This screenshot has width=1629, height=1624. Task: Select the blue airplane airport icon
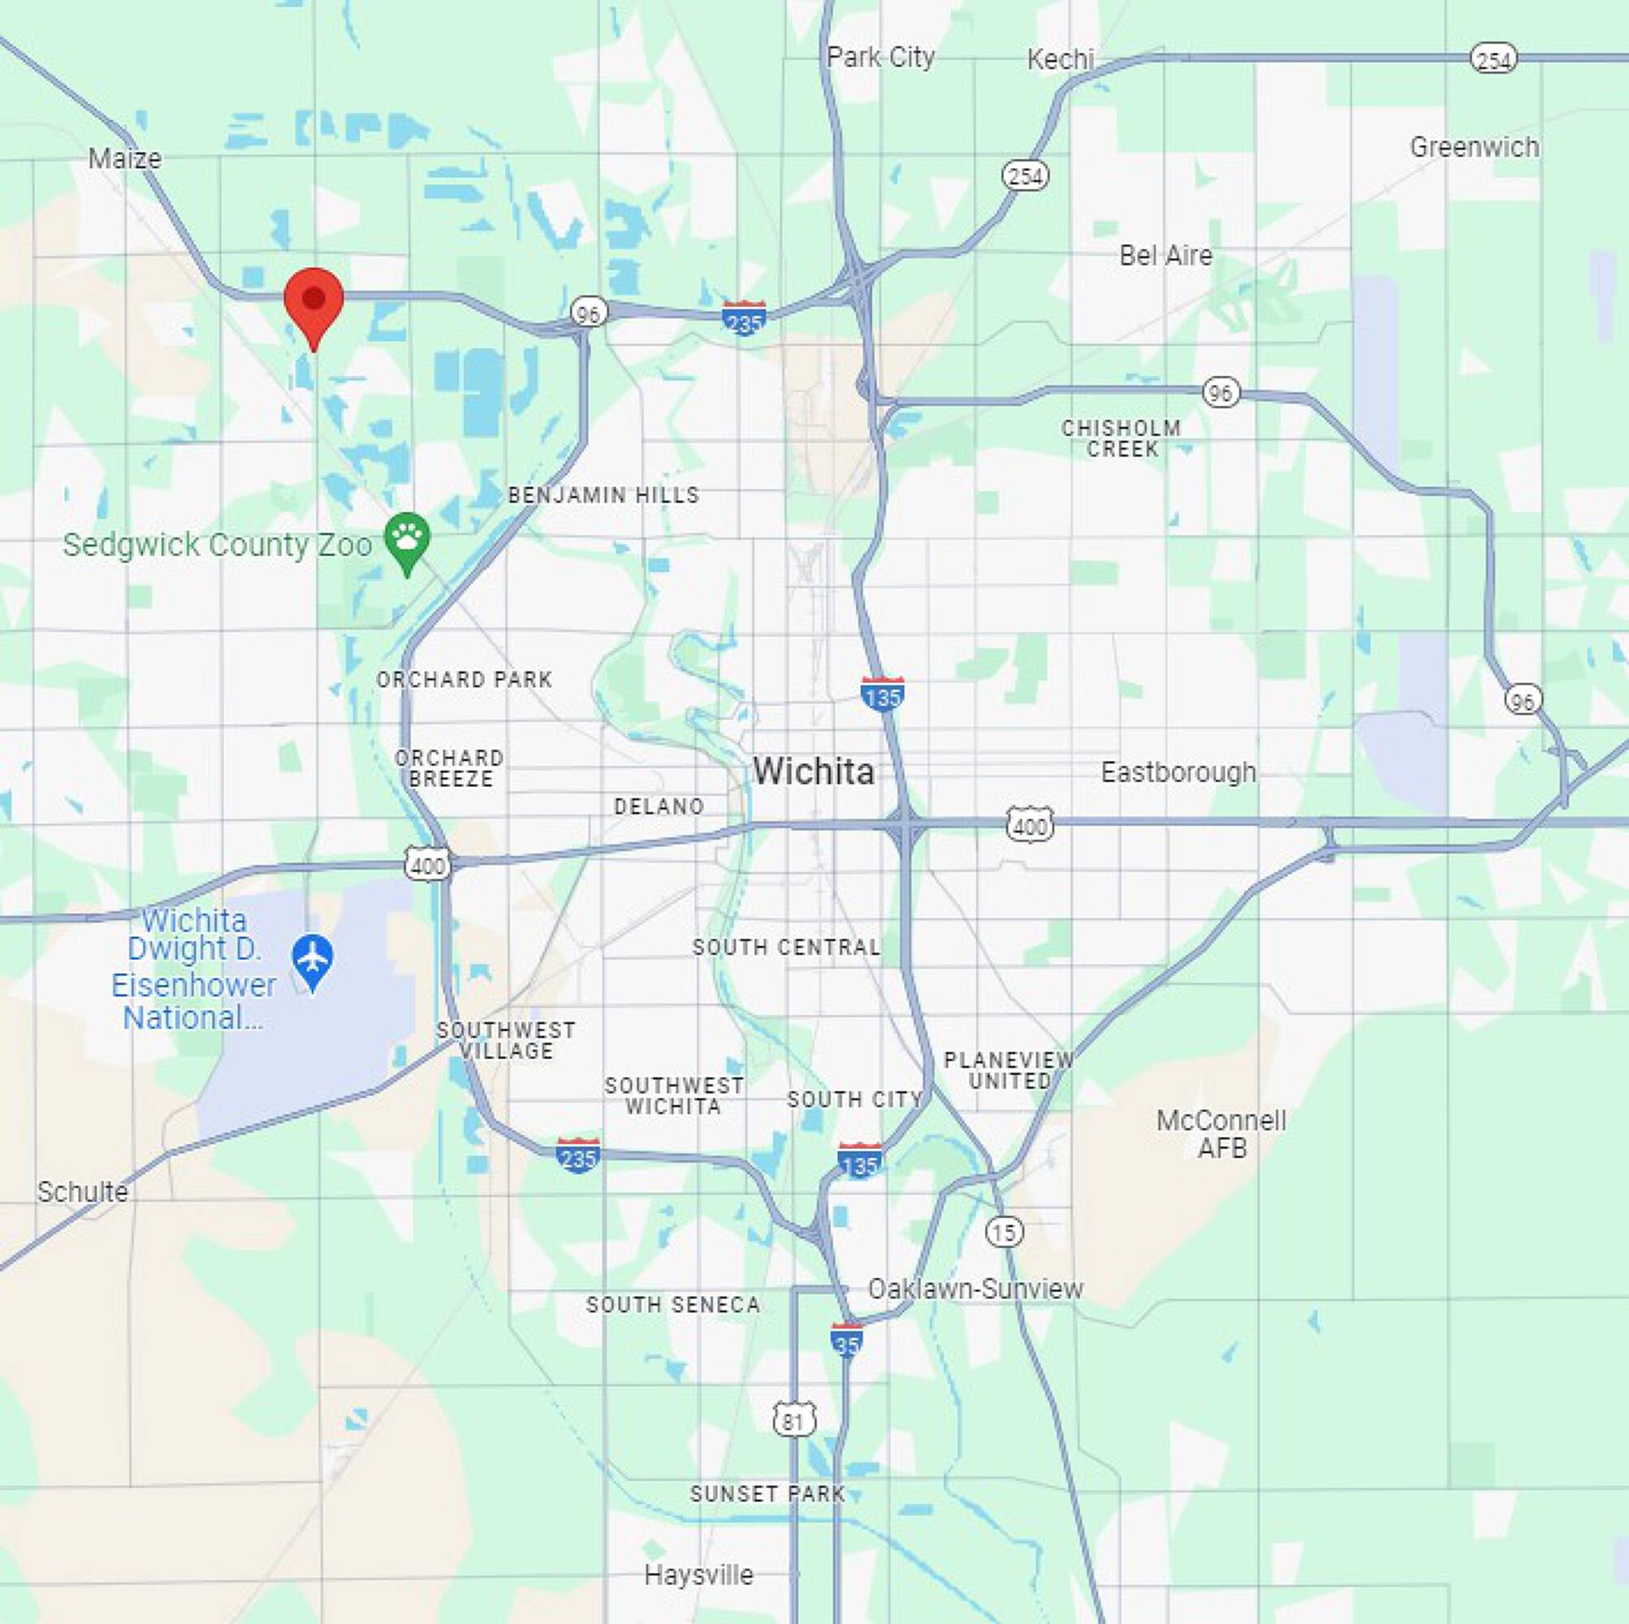coord(312,959)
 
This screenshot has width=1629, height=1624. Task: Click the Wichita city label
coord(814,771)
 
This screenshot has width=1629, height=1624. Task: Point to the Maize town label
coord(125,158)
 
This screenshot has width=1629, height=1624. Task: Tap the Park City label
coord(880,58)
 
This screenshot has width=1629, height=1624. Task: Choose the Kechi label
coord(1060,59)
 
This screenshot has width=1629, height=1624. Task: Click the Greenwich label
coord(1474,148)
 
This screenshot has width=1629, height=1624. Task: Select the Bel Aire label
coord(1165,256)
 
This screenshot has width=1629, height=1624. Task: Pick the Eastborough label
coord(1178,772)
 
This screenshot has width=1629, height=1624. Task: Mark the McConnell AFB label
coord(1221,1134)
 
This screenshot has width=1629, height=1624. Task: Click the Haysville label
coord(699,1574)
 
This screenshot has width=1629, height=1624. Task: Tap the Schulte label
coord(83,1191)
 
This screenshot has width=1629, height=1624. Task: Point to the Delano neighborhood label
coord(659,807)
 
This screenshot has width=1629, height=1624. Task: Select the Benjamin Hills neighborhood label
coord(603,496)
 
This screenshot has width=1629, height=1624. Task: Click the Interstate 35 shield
coord(846,1341)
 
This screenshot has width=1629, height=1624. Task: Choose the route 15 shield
coord(1004,1233)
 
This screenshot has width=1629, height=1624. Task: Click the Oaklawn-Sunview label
coord(974,1289)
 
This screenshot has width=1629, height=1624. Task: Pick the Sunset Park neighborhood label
coord(767,1493)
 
